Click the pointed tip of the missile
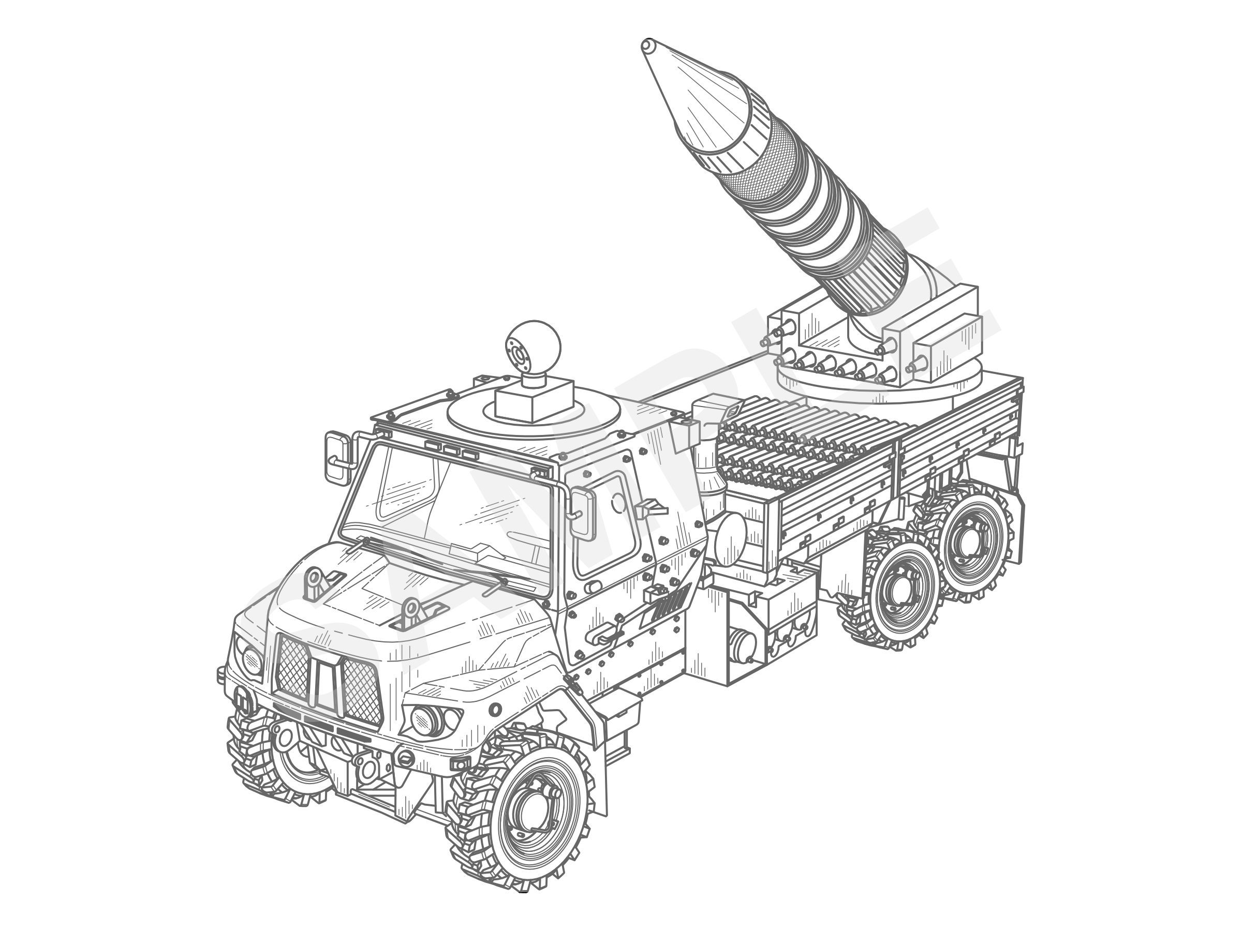pos(646,44)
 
